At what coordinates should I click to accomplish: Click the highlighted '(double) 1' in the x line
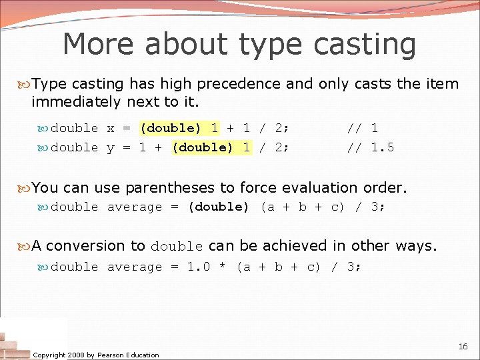[179, 128]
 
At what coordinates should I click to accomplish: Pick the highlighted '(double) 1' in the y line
[211, 147]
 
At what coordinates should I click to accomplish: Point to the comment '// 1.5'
[371, 147]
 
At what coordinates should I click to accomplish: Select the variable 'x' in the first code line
[111, 128]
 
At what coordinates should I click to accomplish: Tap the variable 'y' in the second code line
[111, 148]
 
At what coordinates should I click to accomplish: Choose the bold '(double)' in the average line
[218, 207]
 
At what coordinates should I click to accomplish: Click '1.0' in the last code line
[199, 267]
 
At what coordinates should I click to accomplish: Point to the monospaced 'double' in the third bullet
[177, 247]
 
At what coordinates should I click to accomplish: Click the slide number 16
[463, 347]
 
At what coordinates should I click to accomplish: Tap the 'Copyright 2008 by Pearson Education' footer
[96, 355]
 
